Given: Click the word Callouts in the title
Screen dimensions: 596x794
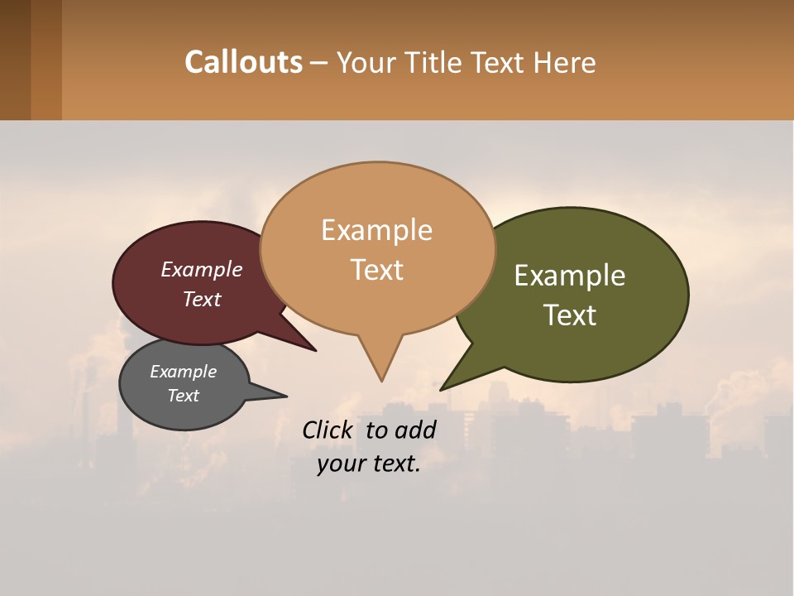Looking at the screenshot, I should (x=243, y=62).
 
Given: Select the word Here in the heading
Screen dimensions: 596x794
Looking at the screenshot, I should (x=566, y=63).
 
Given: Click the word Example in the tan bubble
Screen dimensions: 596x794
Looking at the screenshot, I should (x=376, y=230).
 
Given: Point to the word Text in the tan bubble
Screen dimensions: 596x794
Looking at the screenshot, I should (x=376, y=270).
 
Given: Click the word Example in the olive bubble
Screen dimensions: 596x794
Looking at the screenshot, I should (x=570, y=276).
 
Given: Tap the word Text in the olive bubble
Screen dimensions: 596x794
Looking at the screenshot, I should (x=570, y=315).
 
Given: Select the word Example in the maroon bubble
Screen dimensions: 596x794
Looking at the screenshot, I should (x=201, y=269).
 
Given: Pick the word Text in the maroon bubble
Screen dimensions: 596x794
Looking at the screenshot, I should (x=201, y=299).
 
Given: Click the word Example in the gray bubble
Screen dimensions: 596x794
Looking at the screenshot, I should (x=183, y=372).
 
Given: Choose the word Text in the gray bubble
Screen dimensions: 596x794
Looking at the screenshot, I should (x=183, y=396).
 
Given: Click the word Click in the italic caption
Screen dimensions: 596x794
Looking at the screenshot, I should (x=328, y=430).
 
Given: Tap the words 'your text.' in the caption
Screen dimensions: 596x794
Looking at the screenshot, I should (x=369, y=464).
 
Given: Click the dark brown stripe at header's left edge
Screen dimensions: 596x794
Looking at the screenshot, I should (x=15, y=60).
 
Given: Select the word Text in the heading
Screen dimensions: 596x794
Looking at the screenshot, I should (x=500, y=63).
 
